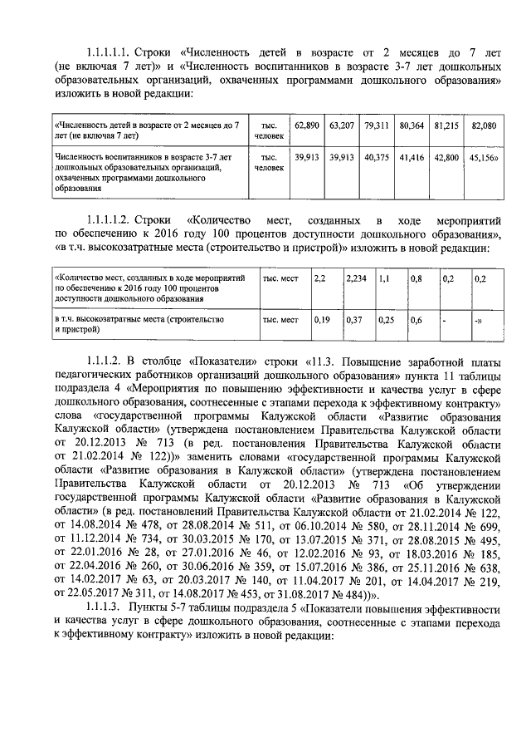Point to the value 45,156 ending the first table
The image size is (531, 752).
point(484,155)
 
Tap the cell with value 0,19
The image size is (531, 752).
point(322,319)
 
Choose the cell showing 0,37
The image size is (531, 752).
point(353,319)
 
